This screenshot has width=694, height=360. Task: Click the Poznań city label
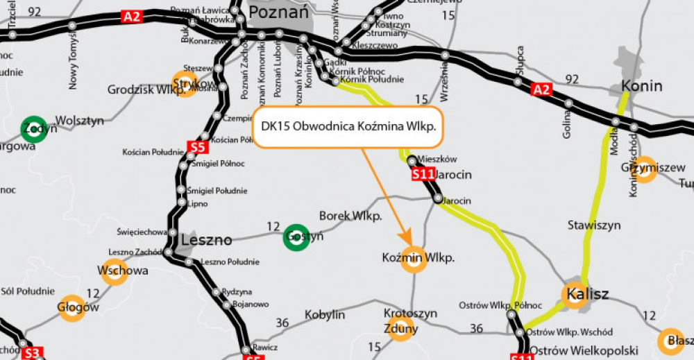click(x=278, y=12)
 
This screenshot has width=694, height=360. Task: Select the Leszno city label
click(x=206, y=240)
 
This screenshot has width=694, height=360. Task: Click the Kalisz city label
click(x=587, y=294)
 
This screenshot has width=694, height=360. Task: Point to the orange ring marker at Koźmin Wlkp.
click(x=414, y=259)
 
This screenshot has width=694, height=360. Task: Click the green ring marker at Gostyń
click(x=297, y=237)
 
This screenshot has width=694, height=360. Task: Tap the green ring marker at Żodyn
click(x=34, y=129)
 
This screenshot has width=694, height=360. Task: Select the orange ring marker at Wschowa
click(x=115, y=271)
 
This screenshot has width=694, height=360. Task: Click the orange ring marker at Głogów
click(x=71, y=307)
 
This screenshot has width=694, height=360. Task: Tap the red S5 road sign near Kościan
click(x=197, y=147)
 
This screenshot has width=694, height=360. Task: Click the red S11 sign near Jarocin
click(x=423, y=173)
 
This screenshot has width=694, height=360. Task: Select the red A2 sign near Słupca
click(x=542, y=89)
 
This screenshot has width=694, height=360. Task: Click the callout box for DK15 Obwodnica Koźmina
click(x=348, y=127)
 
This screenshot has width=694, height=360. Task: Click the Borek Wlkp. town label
click(x=350, y=216)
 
